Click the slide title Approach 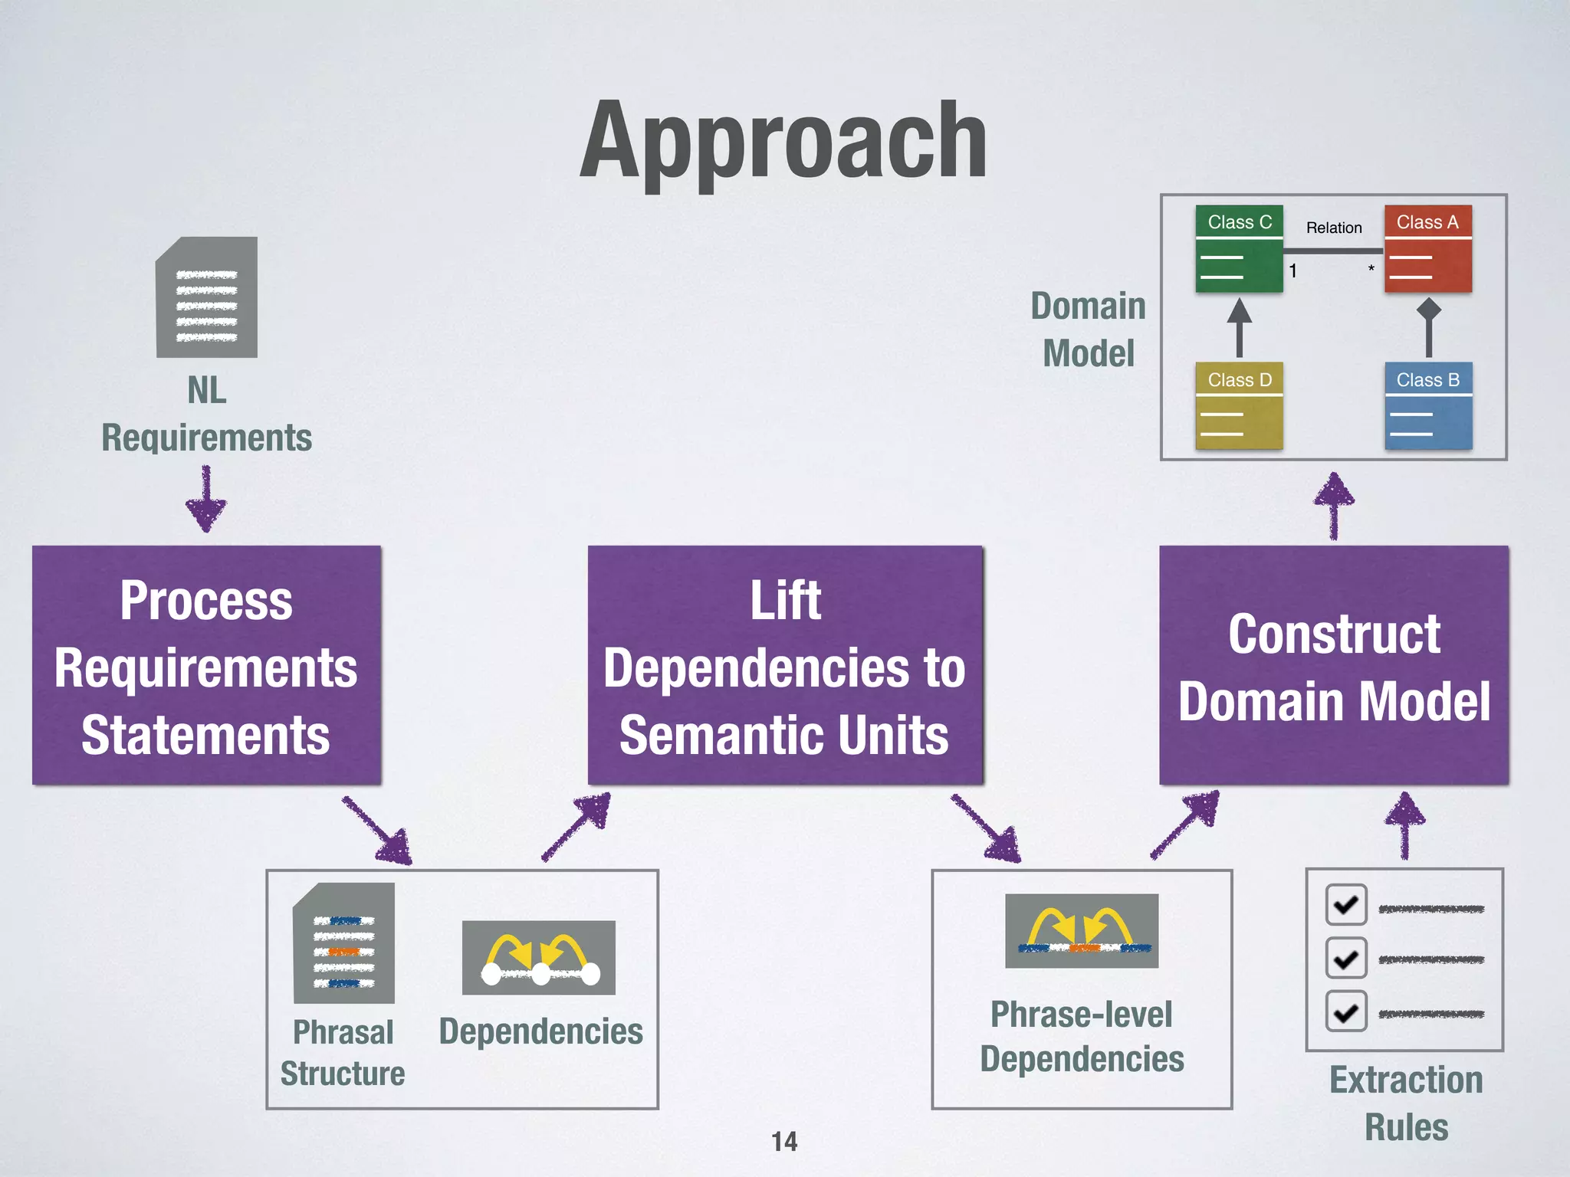783,142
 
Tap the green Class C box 1239,248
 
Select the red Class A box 1427,248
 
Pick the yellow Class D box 1239,406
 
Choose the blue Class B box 1427,406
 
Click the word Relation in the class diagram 1334,228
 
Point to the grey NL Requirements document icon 206,297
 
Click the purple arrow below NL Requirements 206,500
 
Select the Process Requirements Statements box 206,665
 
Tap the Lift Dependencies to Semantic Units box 785,665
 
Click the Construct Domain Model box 1334,665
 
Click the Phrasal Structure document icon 343,943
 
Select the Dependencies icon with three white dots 539,958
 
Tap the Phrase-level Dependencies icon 1082,930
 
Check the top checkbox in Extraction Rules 1346,905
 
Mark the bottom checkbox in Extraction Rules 1346,1011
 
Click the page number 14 784,1142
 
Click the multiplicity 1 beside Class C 1292,270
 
